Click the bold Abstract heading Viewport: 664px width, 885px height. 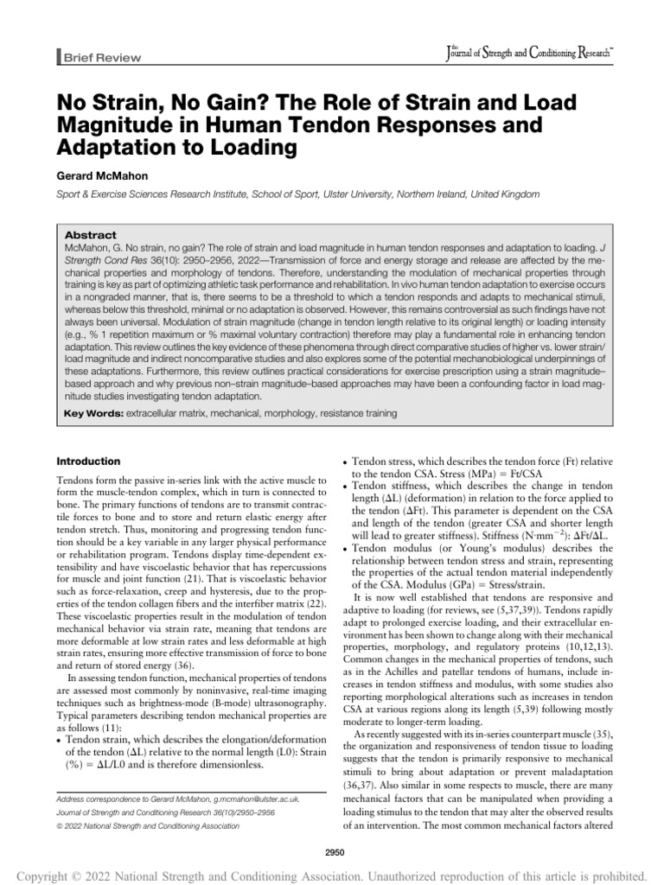tap(90, 234)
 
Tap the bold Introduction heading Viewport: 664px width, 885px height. tap(87, 462)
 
